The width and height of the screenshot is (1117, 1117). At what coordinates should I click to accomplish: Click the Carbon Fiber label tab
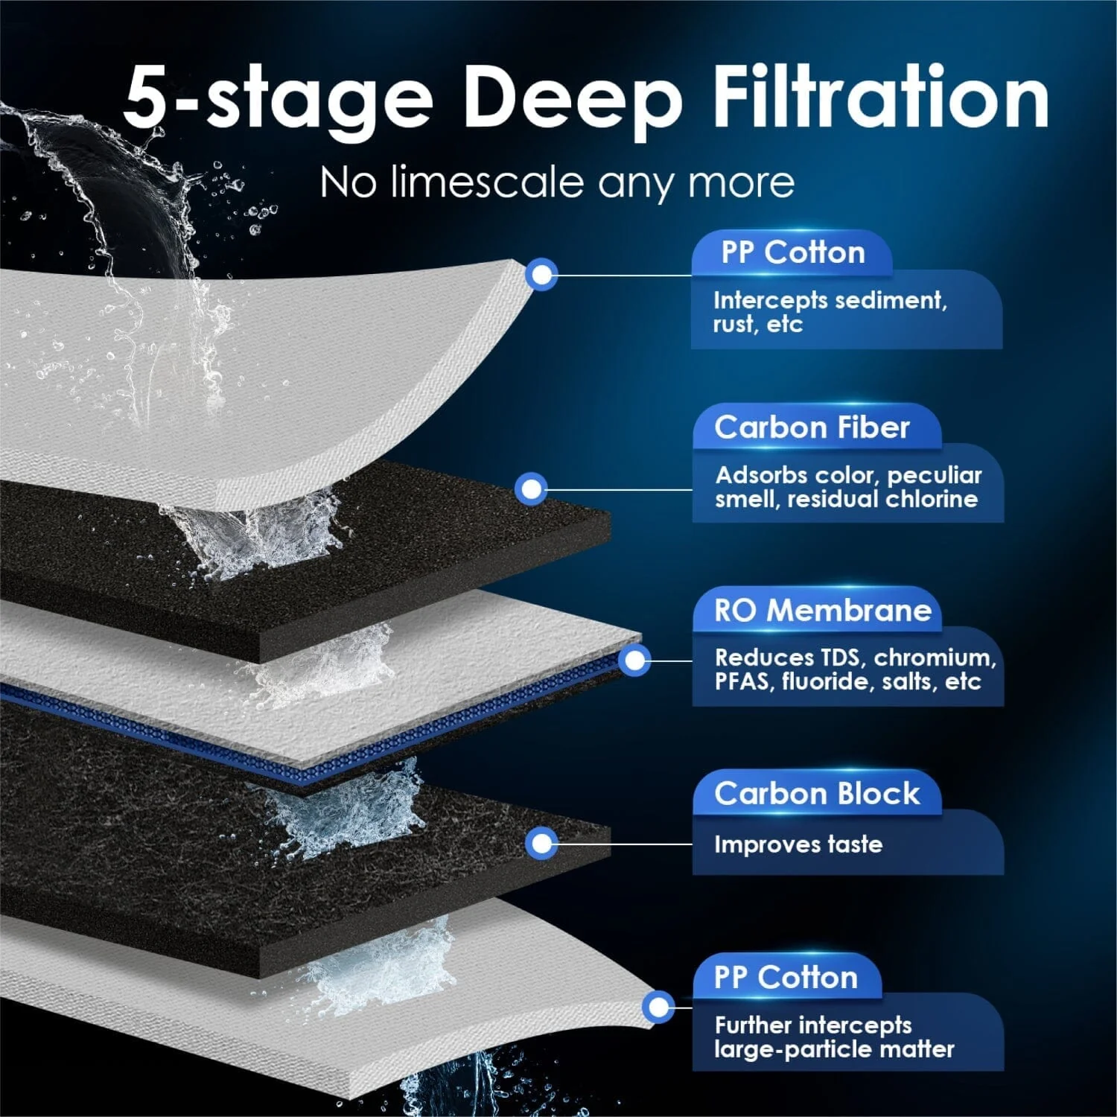812,427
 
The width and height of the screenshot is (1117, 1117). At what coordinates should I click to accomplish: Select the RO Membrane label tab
822,611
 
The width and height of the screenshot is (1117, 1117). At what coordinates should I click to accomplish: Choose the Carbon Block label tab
817,794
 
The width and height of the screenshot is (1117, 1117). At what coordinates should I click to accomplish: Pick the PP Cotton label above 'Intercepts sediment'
792,252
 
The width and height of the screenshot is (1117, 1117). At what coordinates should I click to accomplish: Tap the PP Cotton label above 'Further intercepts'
786,977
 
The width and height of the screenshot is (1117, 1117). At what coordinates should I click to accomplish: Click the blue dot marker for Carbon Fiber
531,489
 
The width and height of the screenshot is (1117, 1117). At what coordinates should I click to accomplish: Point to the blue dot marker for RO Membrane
634,661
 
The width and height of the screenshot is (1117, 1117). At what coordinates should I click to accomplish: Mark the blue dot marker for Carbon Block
541,844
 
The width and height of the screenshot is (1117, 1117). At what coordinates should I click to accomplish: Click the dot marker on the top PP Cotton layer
542,276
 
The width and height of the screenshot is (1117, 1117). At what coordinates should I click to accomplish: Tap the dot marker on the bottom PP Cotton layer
658,1008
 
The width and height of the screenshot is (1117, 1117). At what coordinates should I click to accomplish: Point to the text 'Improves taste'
798,844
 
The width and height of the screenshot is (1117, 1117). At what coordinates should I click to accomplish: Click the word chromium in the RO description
934,658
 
